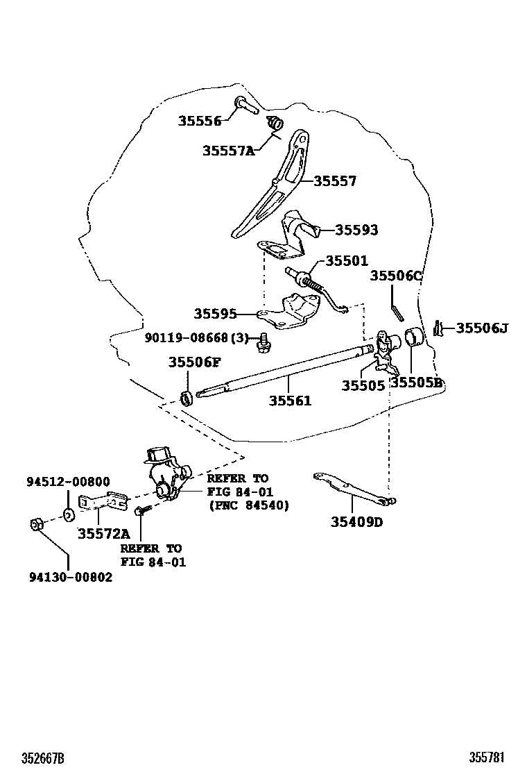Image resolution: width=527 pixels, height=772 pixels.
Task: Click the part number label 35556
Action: point(200,121)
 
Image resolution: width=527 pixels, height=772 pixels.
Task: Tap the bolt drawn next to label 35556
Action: point(245,106)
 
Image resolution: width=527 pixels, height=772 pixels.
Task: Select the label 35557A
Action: point(229,150)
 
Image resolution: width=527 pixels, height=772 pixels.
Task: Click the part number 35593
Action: point(357,230)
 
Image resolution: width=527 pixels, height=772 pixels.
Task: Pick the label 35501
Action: point(347,260)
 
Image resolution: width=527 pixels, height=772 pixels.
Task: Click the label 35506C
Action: point(396,276)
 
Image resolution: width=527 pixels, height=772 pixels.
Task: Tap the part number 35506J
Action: point(482,328)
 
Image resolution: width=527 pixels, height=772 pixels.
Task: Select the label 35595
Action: point(216,314)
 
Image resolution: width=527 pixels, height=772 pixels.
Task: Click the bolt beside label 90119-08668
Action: point(263,342)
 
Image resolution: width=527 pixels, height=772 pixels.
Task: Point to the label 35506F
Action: point(195,362)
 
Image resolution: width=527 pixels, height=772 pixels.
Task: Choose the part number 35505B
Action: point(417,383)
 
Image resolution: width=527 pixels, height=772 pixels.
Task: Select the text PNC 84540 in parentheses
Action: point(249,505)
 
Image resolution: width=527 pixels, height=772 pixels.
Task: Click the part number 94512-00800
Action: point(69,482)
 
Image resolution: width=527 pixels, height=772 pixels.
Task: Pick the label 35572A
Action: point(104,534)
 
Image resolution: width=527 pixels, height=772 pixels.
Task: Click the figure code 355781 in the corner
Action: point(487,757)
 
